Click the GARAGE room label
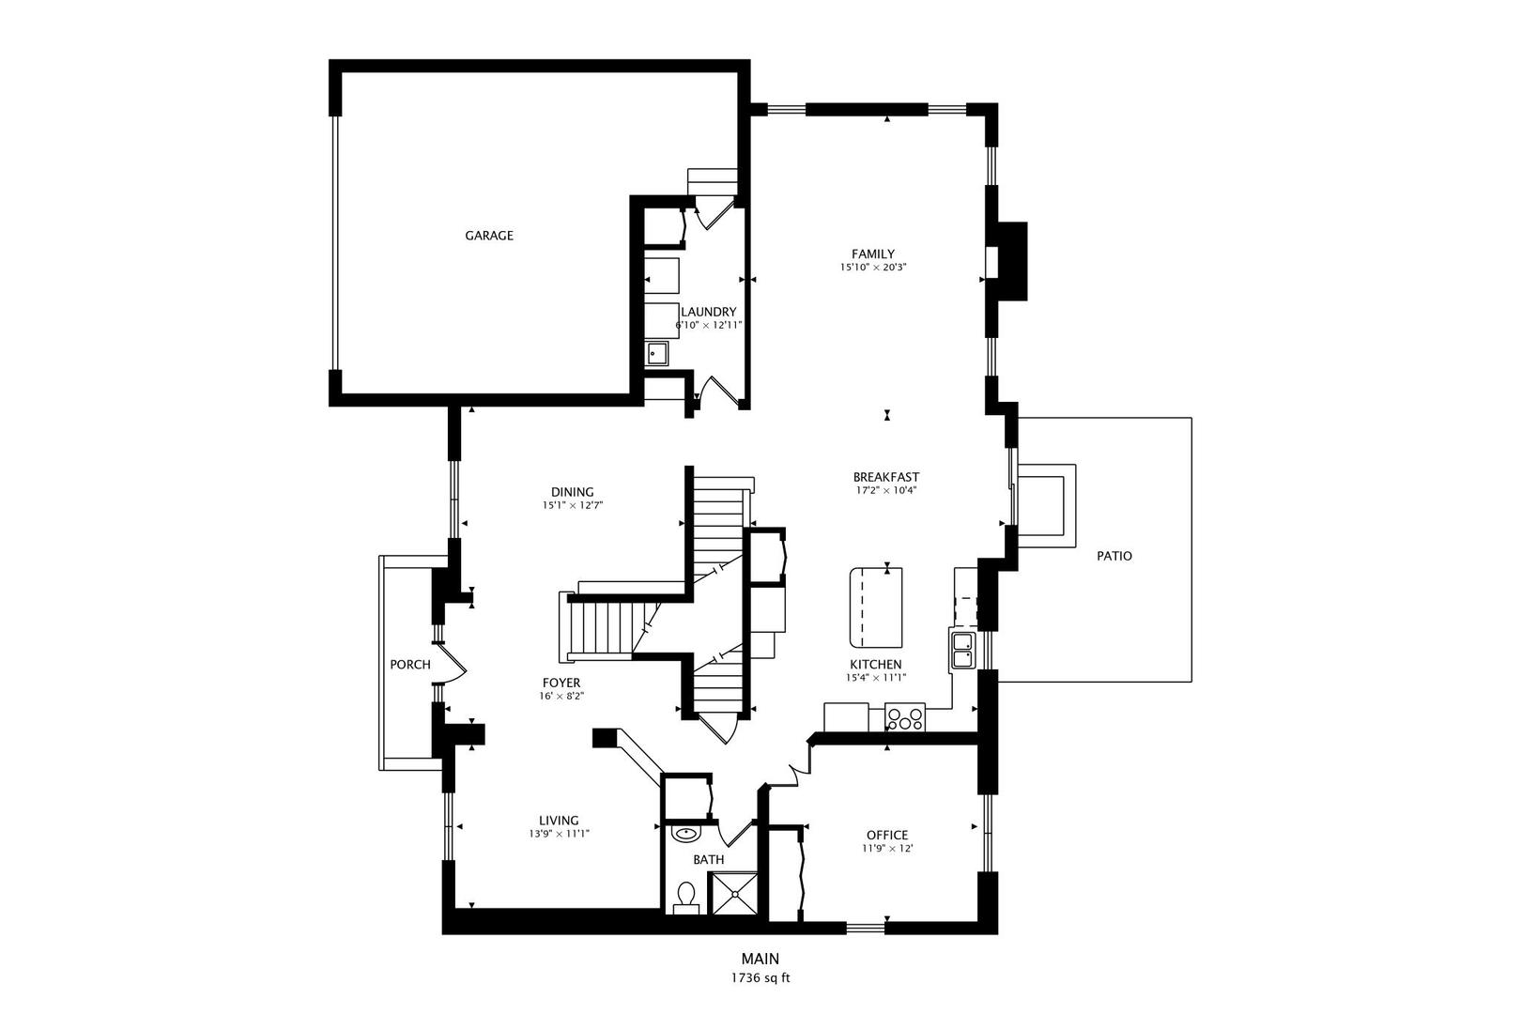coord(489,236)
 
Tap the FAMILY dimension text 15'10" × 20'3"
coord(873,268)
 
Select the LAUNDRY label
coord(708,312)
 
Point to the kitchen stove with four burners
coord(905,719)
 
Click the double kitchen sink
coord(963,650)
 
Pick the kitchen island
coord(877,607)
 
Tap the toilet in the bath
coord(685,897)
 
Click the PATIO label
coord(1114,556)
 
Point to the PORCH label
coord(410,665)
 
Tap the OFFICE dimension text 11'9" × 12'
coord(887,849)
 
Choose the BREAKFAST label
coord(886,477)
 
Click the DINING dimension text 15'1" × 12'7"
coord(572,505)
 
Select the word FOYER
coord(561,683)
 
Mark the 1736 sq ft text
coord(760,977)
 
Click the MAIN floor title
coord(760,959)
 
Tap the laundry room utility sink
coord(657,353)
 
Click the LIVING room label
coord(559,820)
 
